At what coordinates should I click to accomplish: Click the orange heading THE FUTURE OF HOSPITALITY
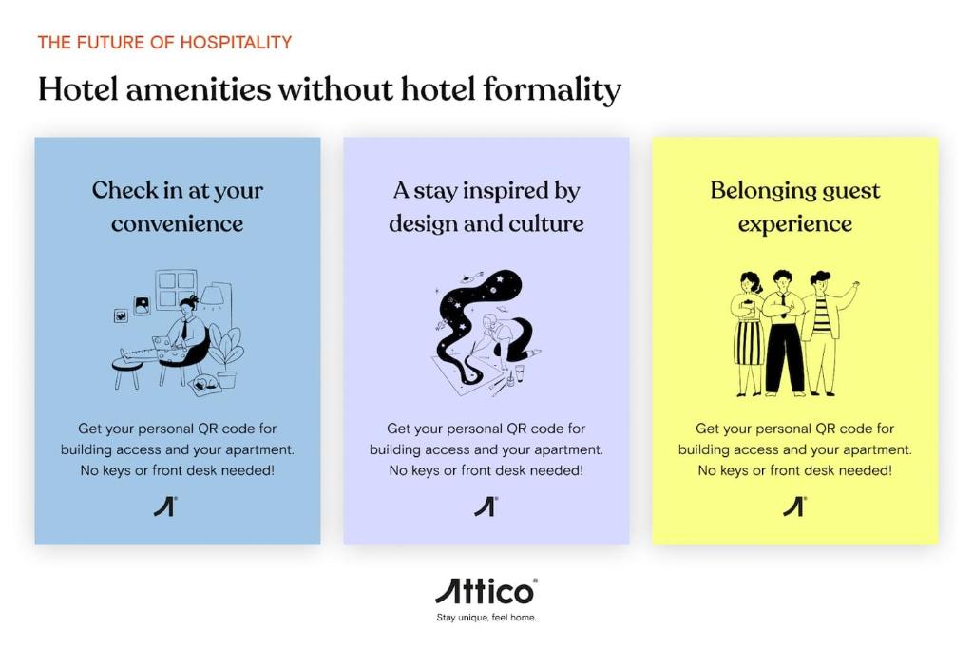pos(164,42)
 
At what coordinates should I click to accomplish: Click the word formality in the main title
pos(552,90)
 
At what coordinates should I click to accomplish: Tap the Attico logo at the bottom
pos(486,591)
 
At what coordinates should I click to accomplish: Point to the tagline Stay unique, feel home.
pos(486,618)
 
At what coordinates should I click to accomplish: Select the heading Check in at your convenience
pos(178,206)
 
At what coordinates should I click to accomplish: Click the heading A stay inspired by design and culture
pos(486,206)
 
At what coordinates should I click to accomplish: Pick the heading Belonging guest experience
pos(795,206)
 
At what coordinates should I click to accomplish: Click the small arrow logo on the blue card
pos(165,506)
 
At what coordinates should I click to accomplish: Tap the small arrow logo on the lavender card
pos(486,506)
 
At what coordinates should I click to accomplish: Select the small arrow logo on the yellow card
pos(794,506)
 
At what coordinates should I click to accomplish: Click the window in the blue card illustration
pos(176,289)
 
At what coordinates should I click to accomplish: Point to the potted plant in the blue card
pos(225,359)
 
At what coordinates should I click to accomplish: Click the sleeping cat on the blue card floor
pos(205,385)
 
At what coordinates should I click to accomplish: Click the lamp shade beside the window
pos(215,295)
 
